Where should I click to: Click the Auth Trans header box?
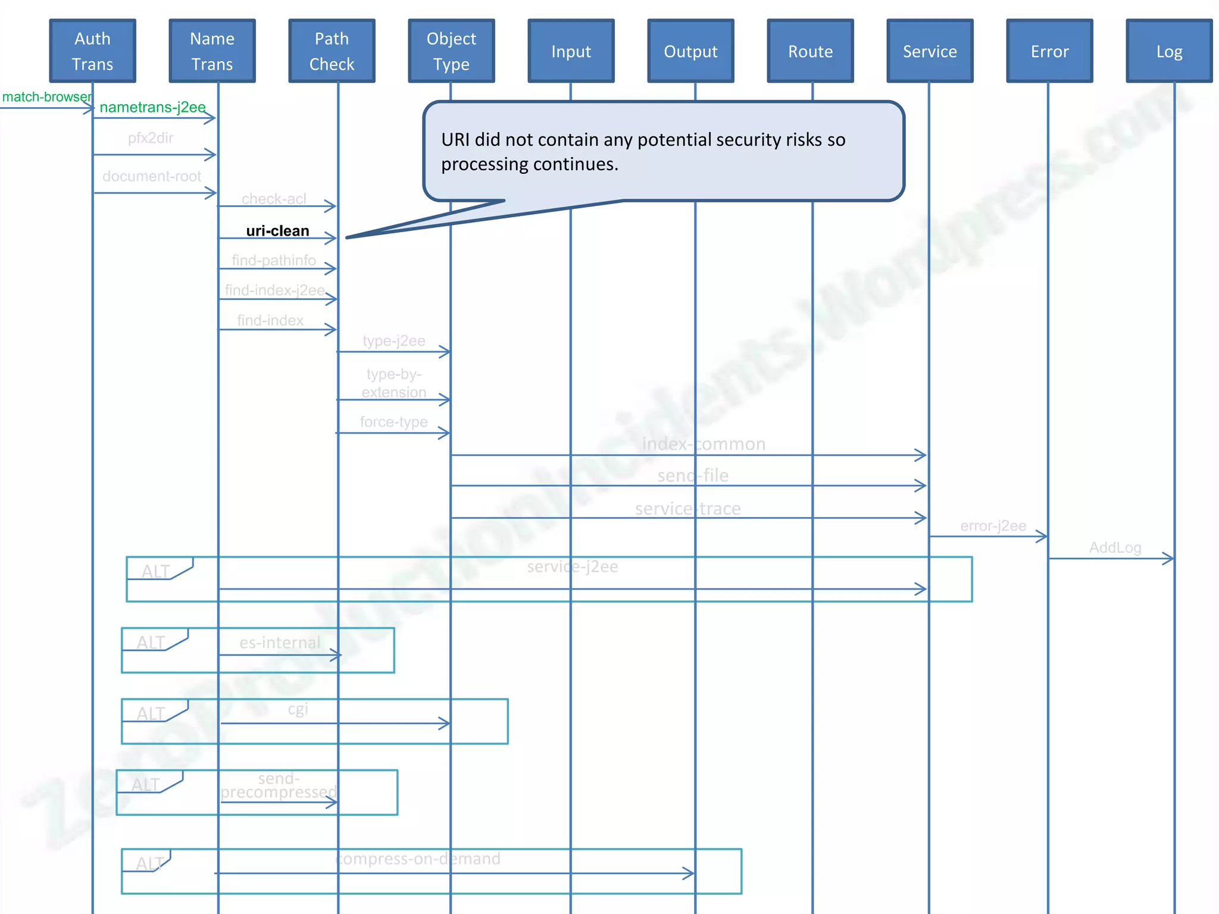click(92, 51)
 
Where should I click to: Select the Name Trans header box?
click(212, 51)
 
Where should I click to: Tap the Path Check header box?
click(332, 51)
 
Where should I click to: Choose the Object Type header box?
click(451, 51)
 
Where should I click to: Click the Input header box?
click(571, 51)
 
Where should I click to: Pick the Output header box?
click(690, 51)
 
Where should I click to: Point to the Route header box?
click(810, 51)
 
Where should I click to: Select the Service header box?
click(930, 51)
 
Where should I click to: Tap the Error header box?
click(1049, 51)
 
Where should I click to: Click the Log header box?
click(1169, 51)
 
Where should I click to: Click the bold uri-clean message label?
click(277, 231)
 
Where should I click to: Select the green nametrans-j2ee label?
click(152, 107)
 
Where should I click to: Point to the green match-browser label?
click(46, 97)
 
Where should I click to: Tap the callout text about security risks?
click(643, 152)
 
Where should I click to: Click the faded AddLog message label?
click(1115, 547)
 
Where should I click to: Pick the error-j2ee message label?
click(993, 526)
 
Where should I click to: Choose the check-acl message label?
click(274, 199)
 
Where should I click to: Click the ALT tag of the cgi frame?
click(151, 713)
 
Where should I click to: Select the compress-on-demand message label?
click(418, 859)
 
